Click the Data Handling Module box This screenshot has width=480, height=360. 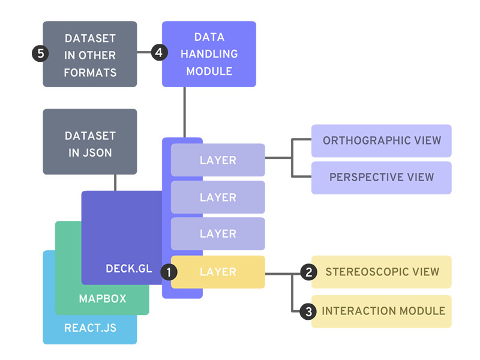209,54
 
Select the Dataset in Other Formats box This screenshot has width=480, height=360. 90,54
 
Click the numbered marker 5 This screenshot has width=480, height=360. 40,53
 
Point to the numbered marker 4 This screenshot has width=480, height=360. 158,53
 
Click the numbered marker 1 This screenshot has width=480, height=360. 169,272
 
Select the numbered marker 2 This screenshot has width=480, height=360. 308,272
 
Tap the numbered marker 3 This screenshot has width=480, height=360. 308,311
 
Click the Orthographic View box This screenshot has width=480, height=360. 382,141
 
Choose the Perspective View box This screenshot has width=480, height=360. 382,178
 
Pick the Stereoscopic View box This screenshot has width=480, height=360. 382,272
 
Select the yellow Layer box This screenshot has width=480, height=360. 218,272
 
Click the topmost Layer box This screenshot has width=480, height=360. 218,160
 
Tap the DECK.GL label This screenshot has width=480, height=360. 129,269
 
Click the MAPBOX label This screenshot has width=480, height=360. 103,298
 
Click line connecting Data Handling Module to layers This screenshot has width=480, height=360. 185,113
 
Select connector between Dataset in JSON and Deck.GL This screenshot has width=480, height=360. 115,182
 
